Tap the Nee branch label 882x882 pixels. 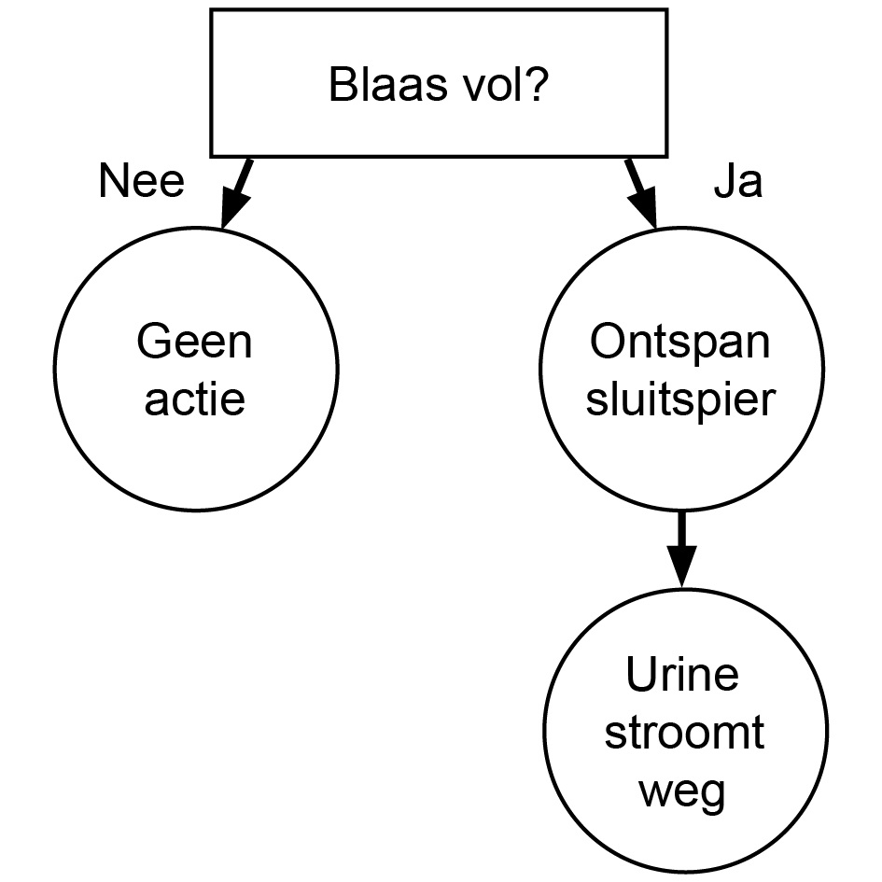(141, 183)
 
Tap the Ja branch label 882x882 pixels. (737, 184)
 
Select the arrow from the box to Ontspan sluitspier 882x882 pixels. (642, 194)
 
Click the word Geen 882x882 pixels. (194, 343)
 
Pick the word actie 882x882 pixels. (194, 399)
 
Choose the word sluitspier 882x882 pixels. (680, 399)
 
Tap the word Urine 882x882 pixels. (682, 675)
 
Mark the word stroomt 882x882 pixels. (682, 734)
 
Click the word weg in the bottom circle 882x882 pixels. (682, 793)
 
